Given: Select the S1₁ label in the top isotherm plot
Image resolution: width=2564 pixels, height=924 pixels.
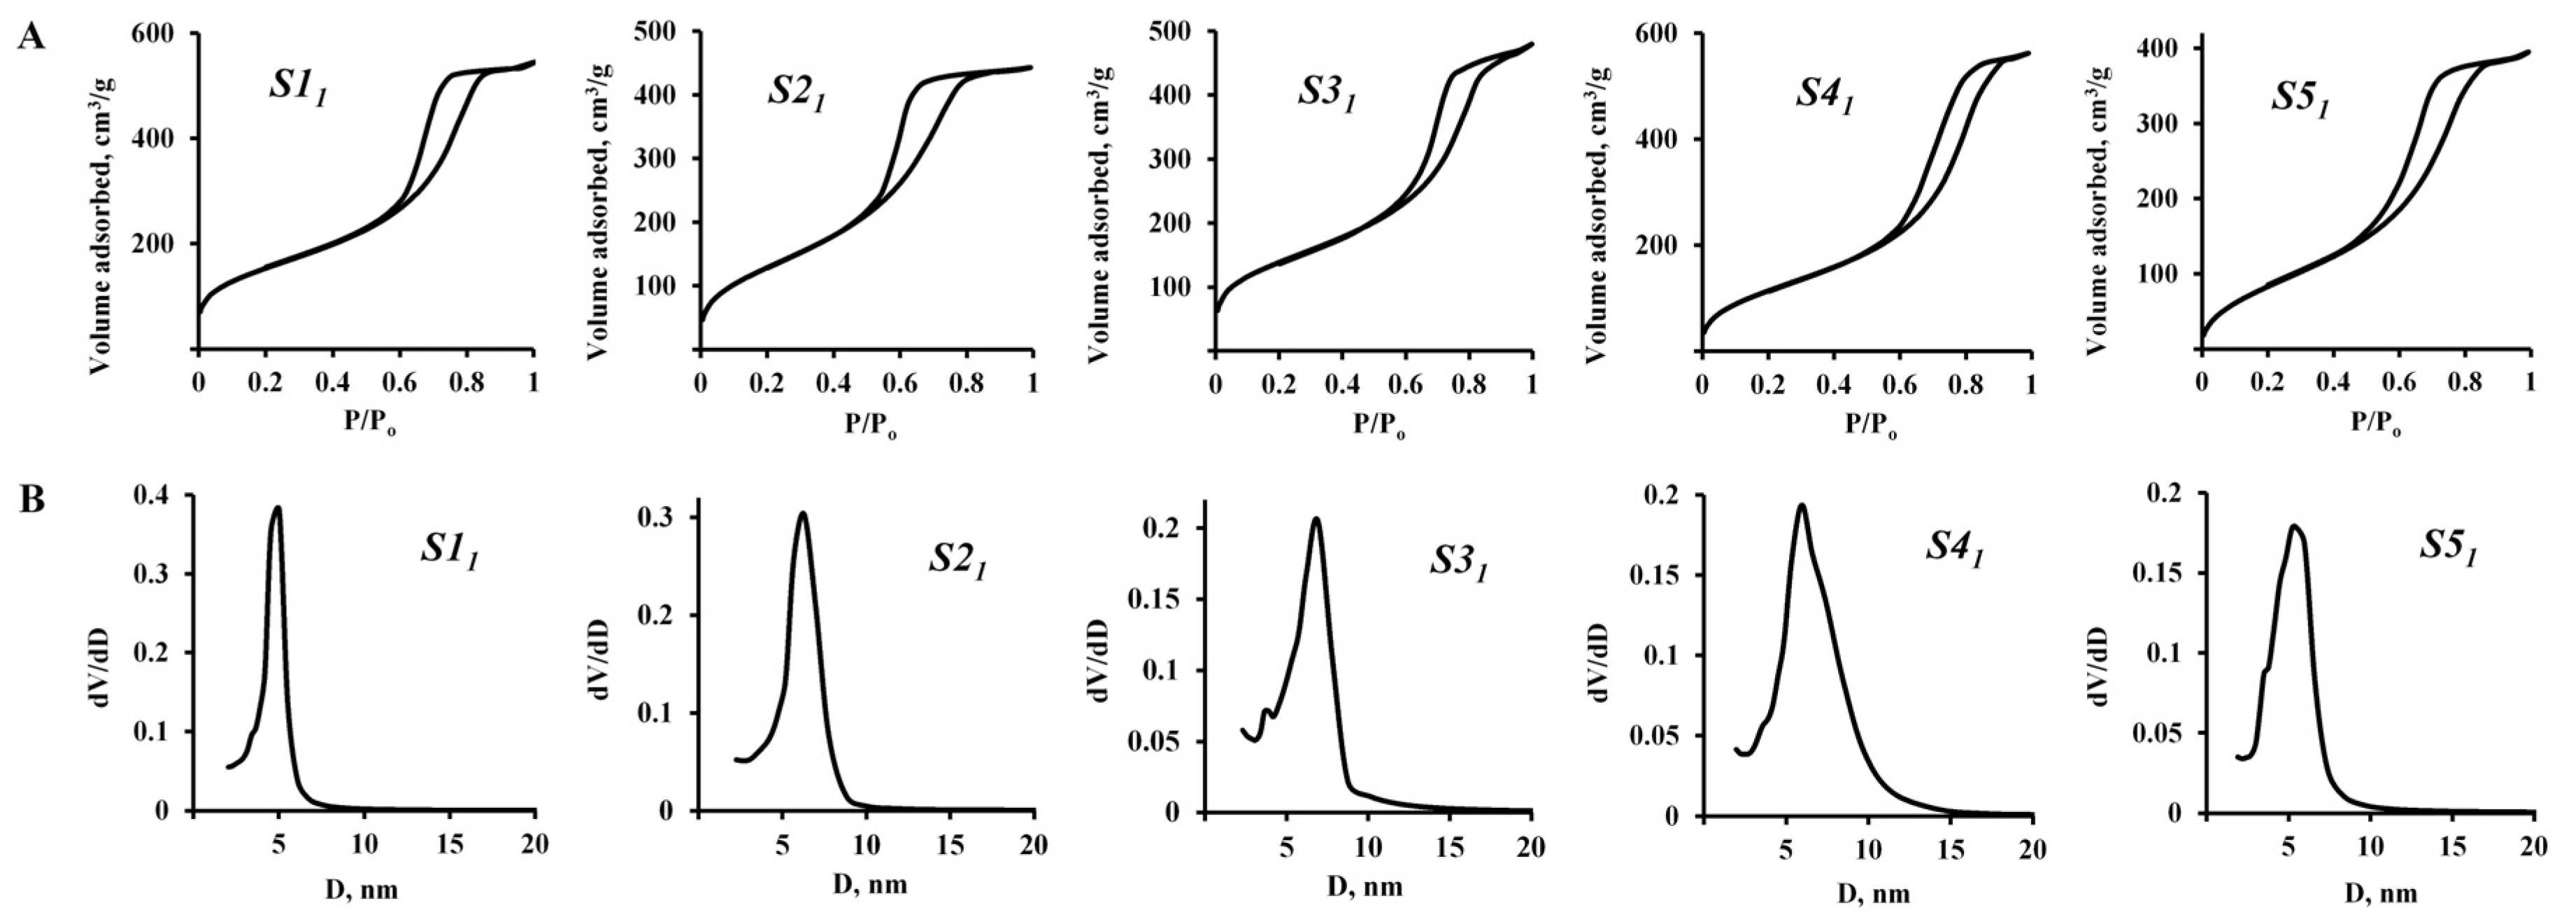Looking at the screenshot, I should (298, 87).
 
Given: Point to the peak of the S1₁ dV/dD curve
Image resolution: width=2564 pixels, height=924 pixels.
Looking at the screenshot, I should (278, 507).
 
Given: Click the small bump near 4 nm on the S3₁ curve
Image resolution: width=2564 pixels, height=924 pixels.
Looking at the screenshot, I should (1266, 711).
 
